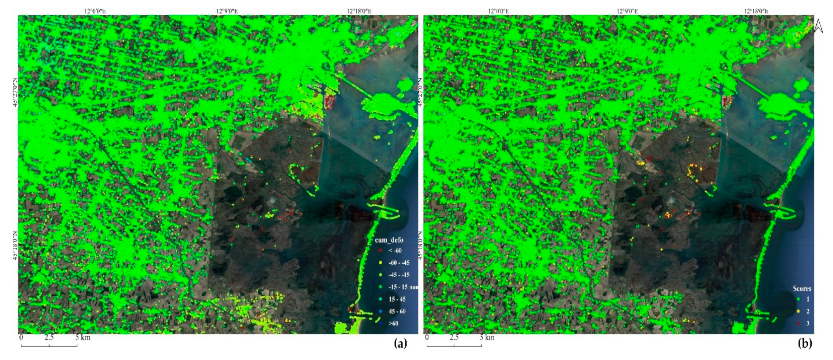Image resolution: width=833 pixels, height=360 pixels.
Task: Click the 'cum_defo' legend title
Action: click(389, 240)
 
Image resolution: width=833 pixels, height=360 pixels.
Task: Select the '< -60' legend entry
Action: click(395, 250)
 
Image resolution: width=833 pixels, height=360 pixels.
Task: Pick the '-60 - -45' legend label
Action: click(399, 262)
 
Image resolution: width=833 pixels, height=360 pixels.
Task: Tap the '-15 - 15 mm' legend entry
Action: click(403, 287)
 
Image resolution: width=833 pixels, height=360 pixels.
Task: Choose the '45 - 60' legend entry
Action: click(397, 311)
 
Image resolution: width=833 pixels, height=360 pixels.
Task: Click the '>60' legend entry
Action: click(393, 323)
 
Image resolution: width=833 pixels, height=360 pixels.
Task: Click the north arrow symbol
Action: click(818, 26)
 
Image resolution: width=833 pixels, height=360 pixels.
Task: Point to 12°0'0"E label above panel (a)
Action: click(95, 11)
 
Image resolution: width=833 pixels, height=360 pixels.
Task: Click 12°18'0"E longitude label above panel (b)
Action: click(756, 11)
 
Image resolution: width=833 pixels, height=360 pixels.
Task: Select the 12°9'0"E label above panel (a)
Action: click(227, 11)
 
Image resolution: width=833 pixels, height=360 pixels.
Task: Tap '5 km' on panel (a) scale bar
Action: click(83, 337)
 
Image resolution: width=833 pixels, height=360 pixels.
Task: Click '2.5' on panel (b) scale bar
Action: click(454, 337)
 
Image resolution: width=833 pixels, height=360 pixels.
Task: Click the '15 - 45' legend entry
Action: click(397, 299)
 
